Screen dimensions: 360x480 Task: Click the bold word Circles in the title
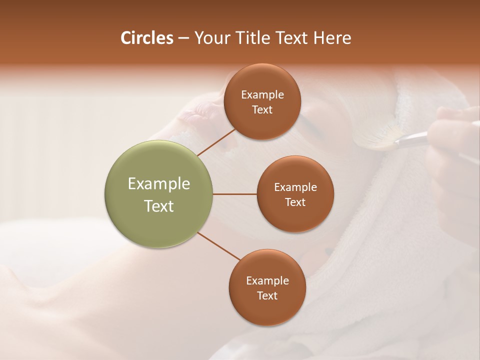click(x=146, y=38)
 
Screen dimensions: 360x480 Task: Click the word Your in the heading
click(x=211, y=38)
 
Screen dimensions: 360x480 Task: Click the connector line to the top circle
click(x=216, y=142)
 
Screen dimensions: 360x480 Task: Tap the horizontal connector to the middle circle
click(x=234, y=194)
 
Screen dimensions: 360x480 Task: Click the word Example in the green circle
click(x=159, y=183)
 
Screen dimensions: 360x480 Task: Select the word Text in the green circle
click(x=159, y=206)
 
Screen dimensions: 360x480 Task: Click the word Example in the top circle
click(x=262, y=94)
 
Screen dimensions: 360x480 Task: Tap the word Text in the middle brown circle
click(x=295, y=202)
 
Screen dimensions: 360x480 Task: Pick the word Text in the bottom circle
click(x=267, y=295)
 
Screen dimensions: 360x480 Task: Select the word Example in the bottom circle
click(x=267, y=280)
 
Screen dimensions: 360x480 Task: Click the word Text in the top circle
click(x=262, y=109)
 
